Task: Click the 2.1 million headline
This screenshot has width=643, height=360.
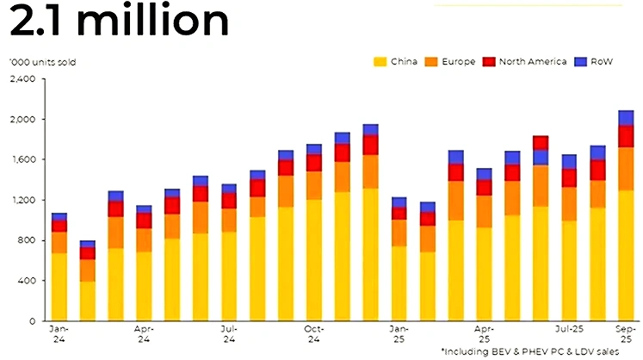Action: (x=119, y=22)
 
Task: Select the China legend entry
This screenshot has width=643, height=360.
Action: (x=398, y=62)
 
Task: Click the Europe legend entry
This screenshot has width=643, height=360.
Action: (x=452, y=62)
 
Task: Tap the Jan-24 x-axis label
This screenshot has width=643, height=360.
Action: (x=59, y=333)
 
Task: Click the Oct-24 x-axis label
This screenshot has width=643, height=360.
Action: (x=313, y=333)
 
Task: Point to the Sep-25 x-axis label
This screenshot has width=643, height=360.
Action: (x=626, y=333)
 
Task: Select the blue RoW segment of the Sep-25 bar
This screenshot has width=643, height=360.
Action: (x=626, y=118)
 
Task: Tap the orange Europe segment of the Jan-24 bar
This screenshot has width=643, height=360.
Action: (x=59, y=243)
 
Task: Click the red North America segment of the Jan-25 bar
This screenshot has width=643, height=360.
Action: (x=399, y=214)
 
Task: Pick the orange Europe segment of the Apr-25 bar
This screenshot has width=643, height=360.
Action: (x=484, y=212)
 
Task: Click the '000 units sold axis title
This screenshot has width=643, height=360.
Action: (x=37, y=63)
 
